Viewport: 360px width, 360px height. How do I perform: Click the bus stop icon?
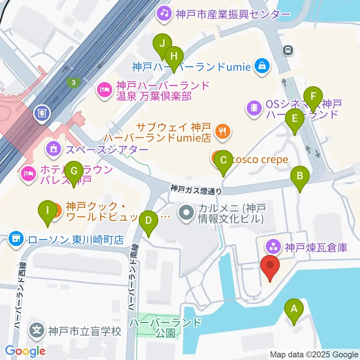288,50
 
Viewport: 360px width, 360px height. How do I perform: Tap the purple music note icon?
164,14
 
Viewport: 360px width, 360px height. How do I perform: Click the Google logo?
25,351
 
